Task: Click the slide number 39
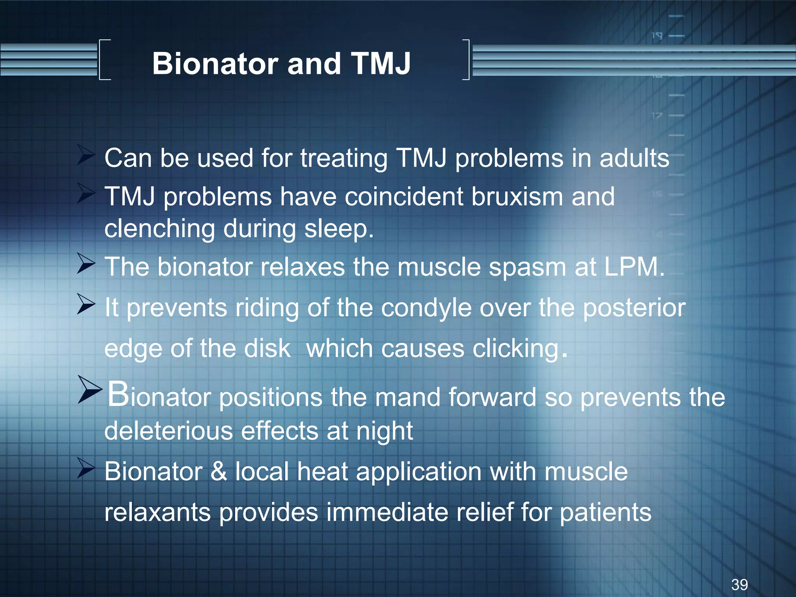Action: [739, 585]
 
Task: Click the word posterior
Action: [634, 308]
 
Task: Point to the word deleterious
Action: [168, 431]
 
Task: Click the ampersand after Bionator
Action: [218, 471]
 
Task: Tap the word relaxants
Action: [157, 512]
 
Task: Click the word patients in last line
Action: [605, 512]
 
